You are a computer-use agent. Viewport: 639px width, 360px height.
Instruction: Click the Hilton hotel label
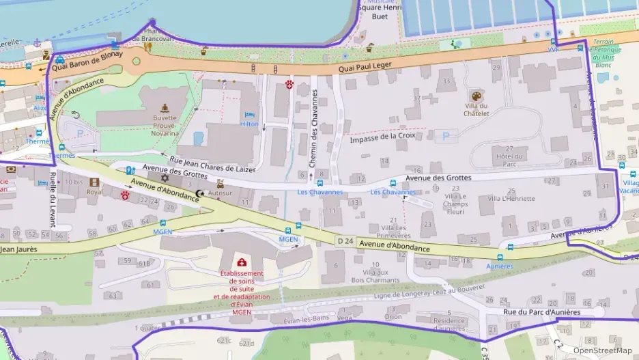(249, 124)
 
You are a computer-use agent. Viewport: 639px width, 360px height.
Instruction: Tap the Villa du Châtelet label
(476, 109)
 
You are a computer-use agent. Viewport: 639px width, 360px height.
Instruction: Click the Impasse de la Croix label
(382, 137)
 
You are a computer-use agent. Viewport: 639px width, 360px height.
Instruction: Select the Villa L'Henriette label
(507, 199)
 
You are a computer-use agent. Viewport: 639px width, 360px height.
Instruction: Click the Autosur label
(220, 193)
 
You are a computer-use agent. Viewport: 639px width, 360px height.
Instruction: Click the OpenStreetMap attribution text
(602, 350)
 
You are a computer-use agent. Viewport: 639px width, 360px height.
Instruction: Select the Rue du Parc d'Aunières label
(541, 312)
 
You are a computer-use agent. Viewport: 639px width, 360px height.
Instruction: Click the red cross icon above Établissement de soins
(242, 262)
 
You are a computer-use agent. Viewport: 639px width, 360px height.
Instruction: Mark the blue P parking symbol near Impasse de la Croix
(446, 136)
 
